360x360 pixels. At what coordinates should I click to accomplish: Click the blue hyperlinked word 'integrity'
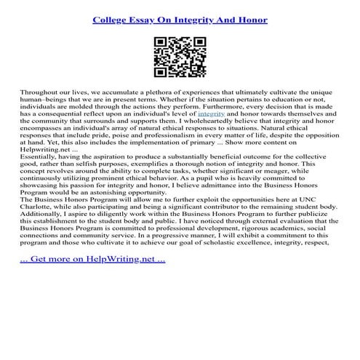click(x=211, y=135)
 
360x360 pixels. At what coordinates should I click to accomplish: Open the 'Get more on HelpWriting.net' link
click(x=92, y=278)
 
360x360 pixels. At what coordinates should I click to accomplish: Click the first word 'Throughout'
click(x=43, y=95)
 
